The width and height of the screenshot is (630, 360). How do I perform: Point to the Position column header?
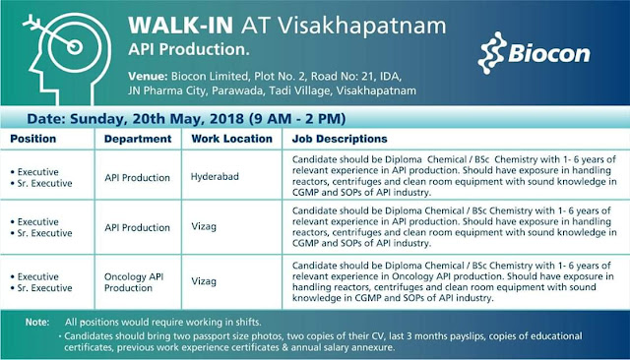33,139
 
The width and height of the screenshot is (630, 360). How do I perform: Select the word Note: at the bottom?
37,322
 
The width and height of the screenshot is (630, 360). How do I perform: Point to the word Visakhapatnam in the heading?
324,21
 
